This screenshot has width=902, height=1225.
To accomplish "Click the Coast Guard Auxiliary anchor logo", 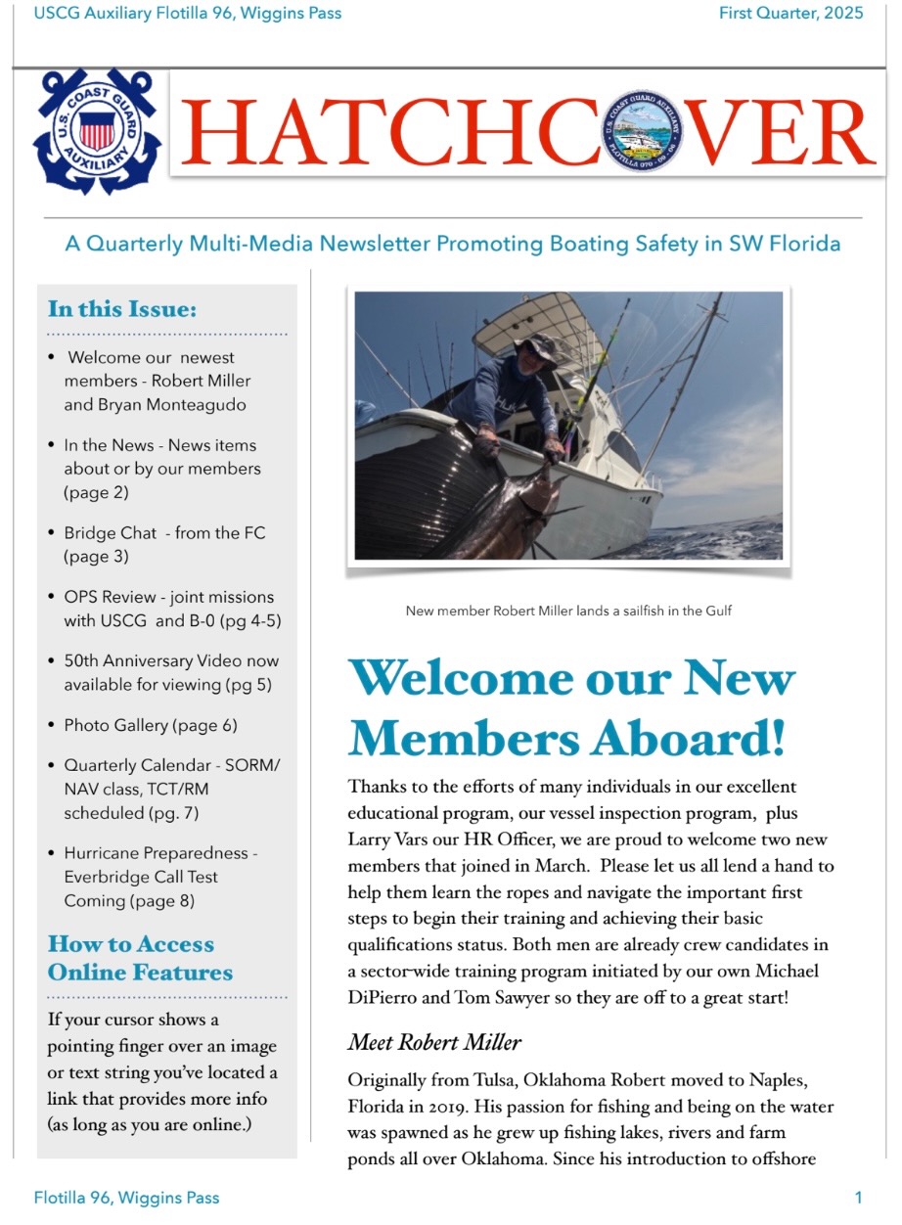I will (97, 131).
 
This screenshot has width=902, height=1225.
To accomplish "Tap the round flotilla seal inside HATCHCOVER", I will (642, 132).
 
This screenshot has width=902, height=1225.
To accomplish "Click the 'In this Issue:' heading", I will (122, 309).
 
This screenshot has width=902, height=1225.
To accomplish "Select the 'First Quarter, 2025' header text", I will (790, 14).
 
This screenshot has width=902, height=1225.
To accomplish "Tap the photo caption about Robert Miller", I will (568, 611).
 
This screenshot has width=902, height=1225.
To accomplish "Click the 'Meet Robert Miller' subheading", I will (434, 1042).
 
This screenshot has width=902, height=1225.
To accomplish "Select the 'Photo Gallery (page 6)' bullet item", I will (151, 725).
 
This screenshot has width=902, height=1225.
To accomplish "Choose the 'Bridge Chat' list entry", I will (164, 545).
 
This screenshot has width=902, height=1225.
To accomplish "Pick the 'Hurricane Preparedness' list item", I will (160, 877).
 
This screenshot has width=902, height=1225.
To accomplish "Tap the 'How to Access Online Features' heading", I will (140, 958).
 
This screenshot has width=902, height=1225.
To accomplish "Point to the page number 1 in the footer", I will (858, 1198).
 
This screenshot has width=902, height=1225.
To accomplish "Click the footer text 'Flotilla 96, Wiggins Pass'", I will (126, 1198).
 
